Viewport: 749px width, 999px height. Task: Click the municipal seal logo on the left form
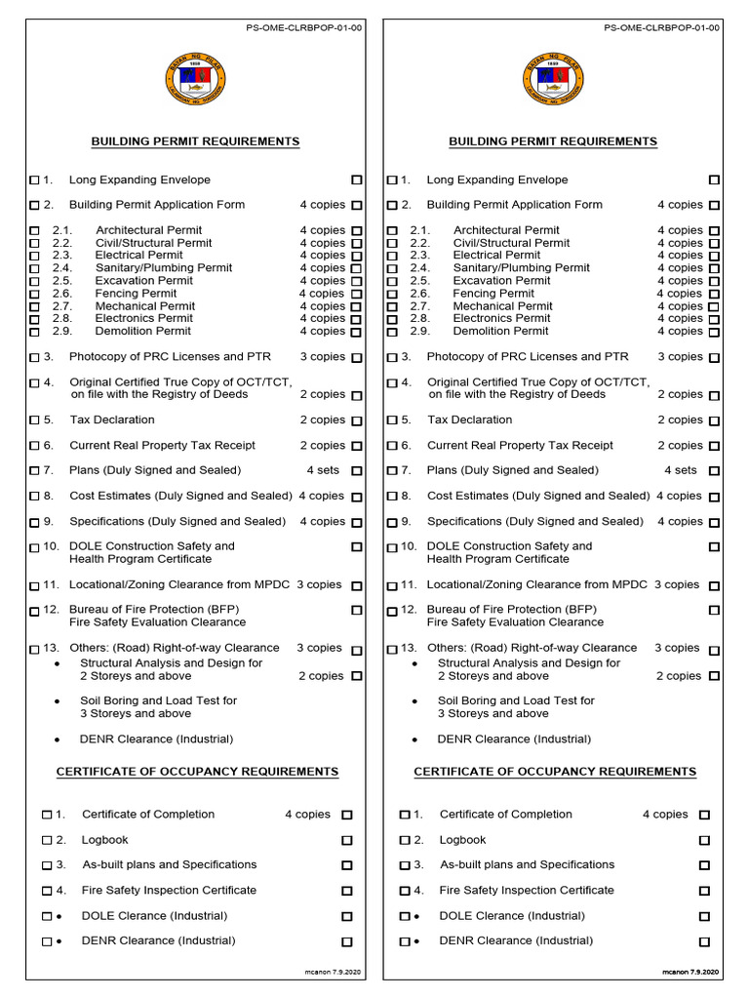click(x=196, y=83)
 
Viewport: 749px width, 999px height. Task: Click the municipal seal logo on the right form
click(x=553, y=83)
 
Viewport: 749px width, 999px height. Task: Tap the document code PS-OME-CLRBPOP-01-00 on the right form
click(x=662, y=28)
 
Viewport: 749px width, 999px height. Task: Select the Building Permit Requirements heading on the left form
click(x=195, y=141)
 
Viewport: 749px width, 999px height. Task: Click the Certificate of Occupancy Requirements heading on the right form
click(x=555, y=772)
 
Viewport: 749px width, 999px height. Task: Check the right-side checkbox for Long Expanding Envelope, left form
click(x=357, y=180)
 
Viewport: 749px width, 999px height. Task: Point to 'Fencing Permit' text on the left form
click(x=137, y=293)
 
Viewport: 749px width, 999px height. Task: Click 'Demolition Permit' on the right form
click(x=501, y=331)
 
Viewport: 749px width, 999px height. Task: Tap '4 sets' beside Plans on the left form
click(x=323, y=470)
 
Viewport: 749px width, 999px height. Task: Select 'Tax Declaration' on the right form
click(x=469, y=420)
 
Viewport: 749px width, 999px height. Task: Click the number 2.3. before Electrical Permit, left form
click(x=62, y=255)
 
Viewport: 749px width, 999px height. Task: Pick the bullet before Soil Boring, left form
click(x=58, y=701)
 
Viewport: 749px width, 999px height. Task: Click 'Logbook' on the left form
click(x=105, y=839)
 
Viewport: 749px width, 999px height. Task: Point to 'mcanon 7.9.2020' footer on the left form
click(x=334, y=973)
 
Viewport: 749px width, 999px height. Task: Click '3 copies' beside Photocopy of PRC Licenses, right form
click(x=680, y=356)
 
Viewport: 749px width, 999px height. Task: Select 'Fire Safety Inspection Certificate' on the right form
click(x=527, y=890)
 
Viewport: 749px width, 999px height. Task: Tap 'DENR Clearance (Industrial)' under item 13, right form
click(x=506, y=739)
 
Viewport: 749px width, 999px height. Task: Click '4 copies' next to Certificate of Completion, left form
click(x=307, y=814)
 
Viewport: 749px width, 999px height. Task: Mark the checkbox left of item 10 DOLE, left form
click(x=35, y=547)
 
